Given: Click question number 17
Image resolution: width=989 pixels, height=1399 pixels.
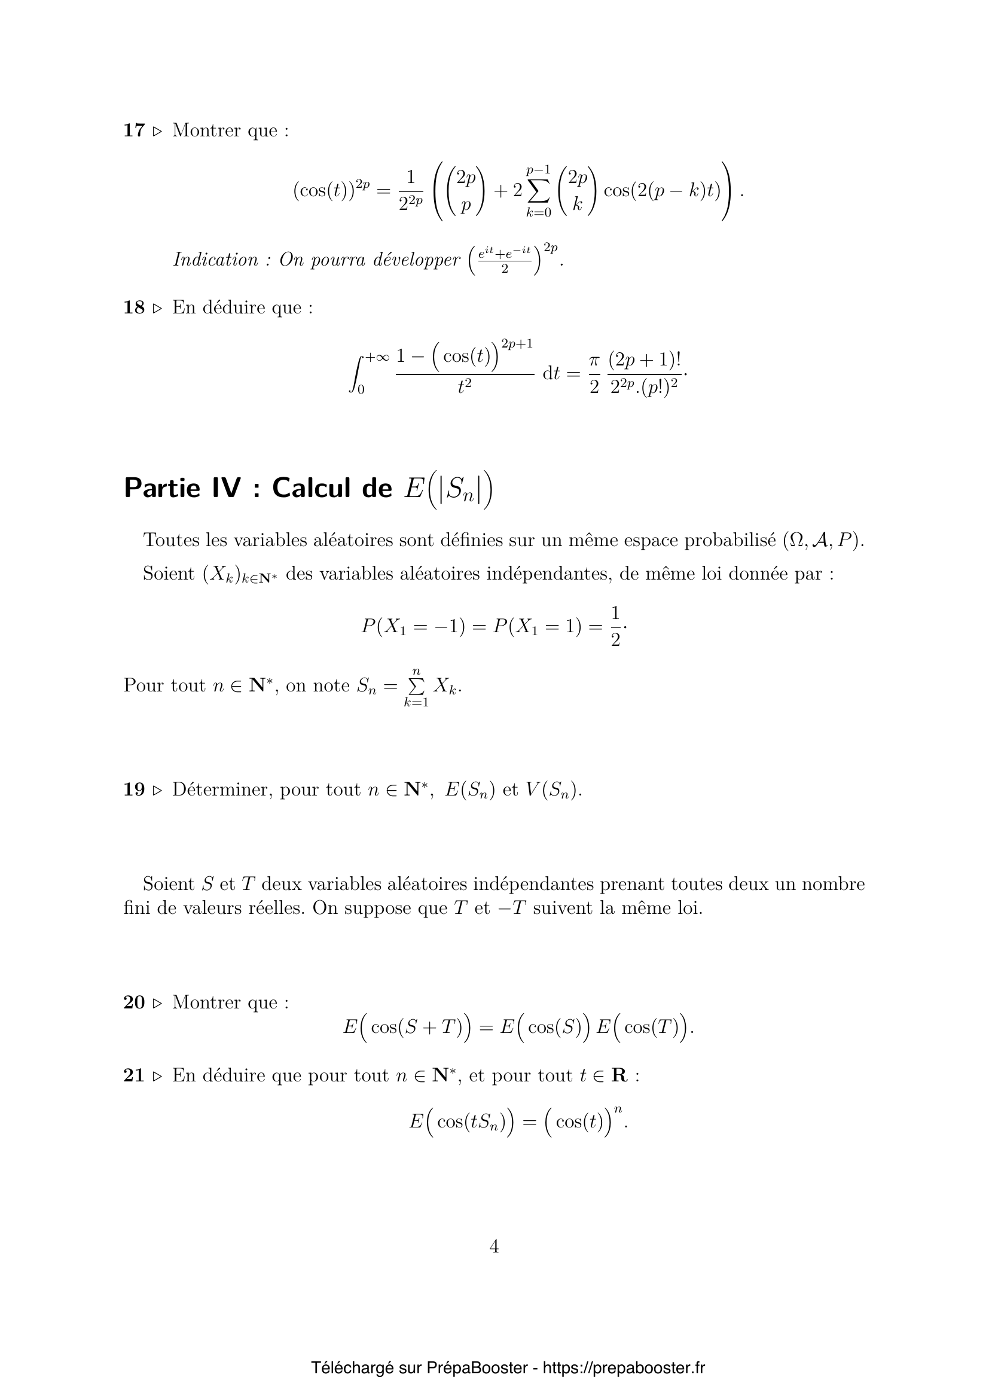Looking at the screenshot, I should (133, 130).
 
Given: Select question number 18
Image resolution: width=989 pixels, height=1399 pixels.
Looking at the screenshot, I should (133, 307).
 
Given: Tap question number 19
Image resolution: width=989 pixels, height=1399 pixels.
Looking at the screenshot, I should (133, 790).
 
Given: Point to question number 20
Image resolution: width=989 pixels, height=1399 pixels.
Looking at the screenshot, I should (133, 1002).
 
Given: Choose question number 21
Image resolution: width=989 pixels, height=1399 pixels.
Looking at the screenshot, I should (133, 1075).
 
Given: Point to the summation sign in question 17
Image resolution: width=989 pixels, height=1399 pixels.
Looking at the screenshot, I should (538, 191).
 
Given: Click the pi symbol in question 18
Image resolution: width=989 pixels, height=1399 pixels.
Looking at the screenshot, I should (594, 361).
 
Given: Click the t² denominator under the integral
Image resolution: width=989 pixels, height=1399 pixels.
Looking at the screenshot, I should (465, 386).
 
